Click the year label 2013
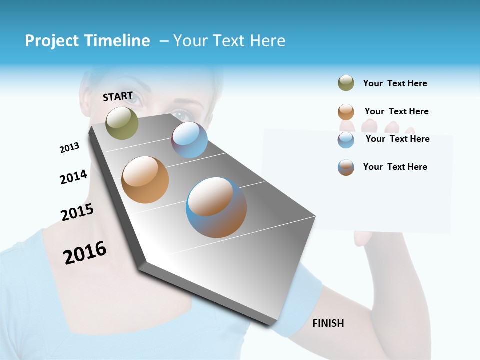coord(69,147)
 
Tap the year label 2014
coord(73,177)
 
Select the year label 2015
coord(77,212)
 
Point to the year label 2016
coord(85,252)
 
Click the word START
coord(118,96)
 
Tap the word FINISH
coord(328,323)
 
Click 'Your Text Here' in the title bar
coord(229,41)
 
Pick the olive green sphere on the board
coord(122,123)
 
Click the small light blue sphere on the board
coord(189,140)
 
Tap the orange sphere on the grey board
coord(145,180)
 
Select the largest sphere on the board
coord(216,207)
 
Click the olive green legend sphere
coord(346,83)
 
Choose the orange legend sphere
coord(346,111)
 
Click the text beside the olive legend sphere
coord(395,83)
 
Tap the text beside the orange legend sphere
coord(396,111)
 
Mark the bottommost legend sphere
coord(346,167)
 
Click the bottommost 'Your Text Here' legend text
coord(395,167)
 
